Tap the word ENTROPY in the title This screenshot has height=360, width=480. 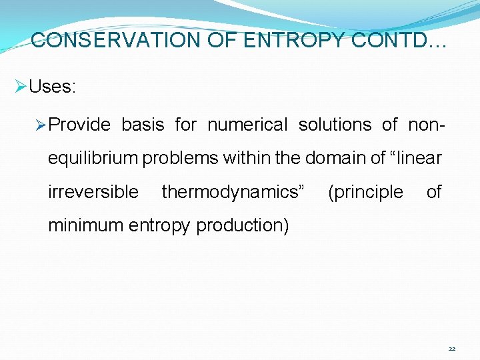click(294, 41)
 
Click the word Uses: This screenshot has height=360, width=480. click(53, 87)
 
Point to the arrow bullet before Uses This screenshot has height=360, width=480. click(20, 87)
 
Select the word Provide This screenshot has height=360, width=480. click(80, 125)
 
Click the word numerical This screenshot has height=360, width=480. click(247, 125)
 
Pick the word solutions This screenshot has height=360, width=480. click(335, 125)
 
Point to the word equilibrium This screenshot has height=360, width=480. click(93, 159)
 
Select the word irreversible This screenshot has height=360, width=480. click(93, 192)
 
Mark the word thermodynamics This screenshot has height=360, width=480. click(233, 192)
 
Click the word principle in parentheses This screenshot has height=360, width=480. click(367, 192)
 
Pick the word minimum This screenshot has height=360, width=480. click(86, 226)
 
